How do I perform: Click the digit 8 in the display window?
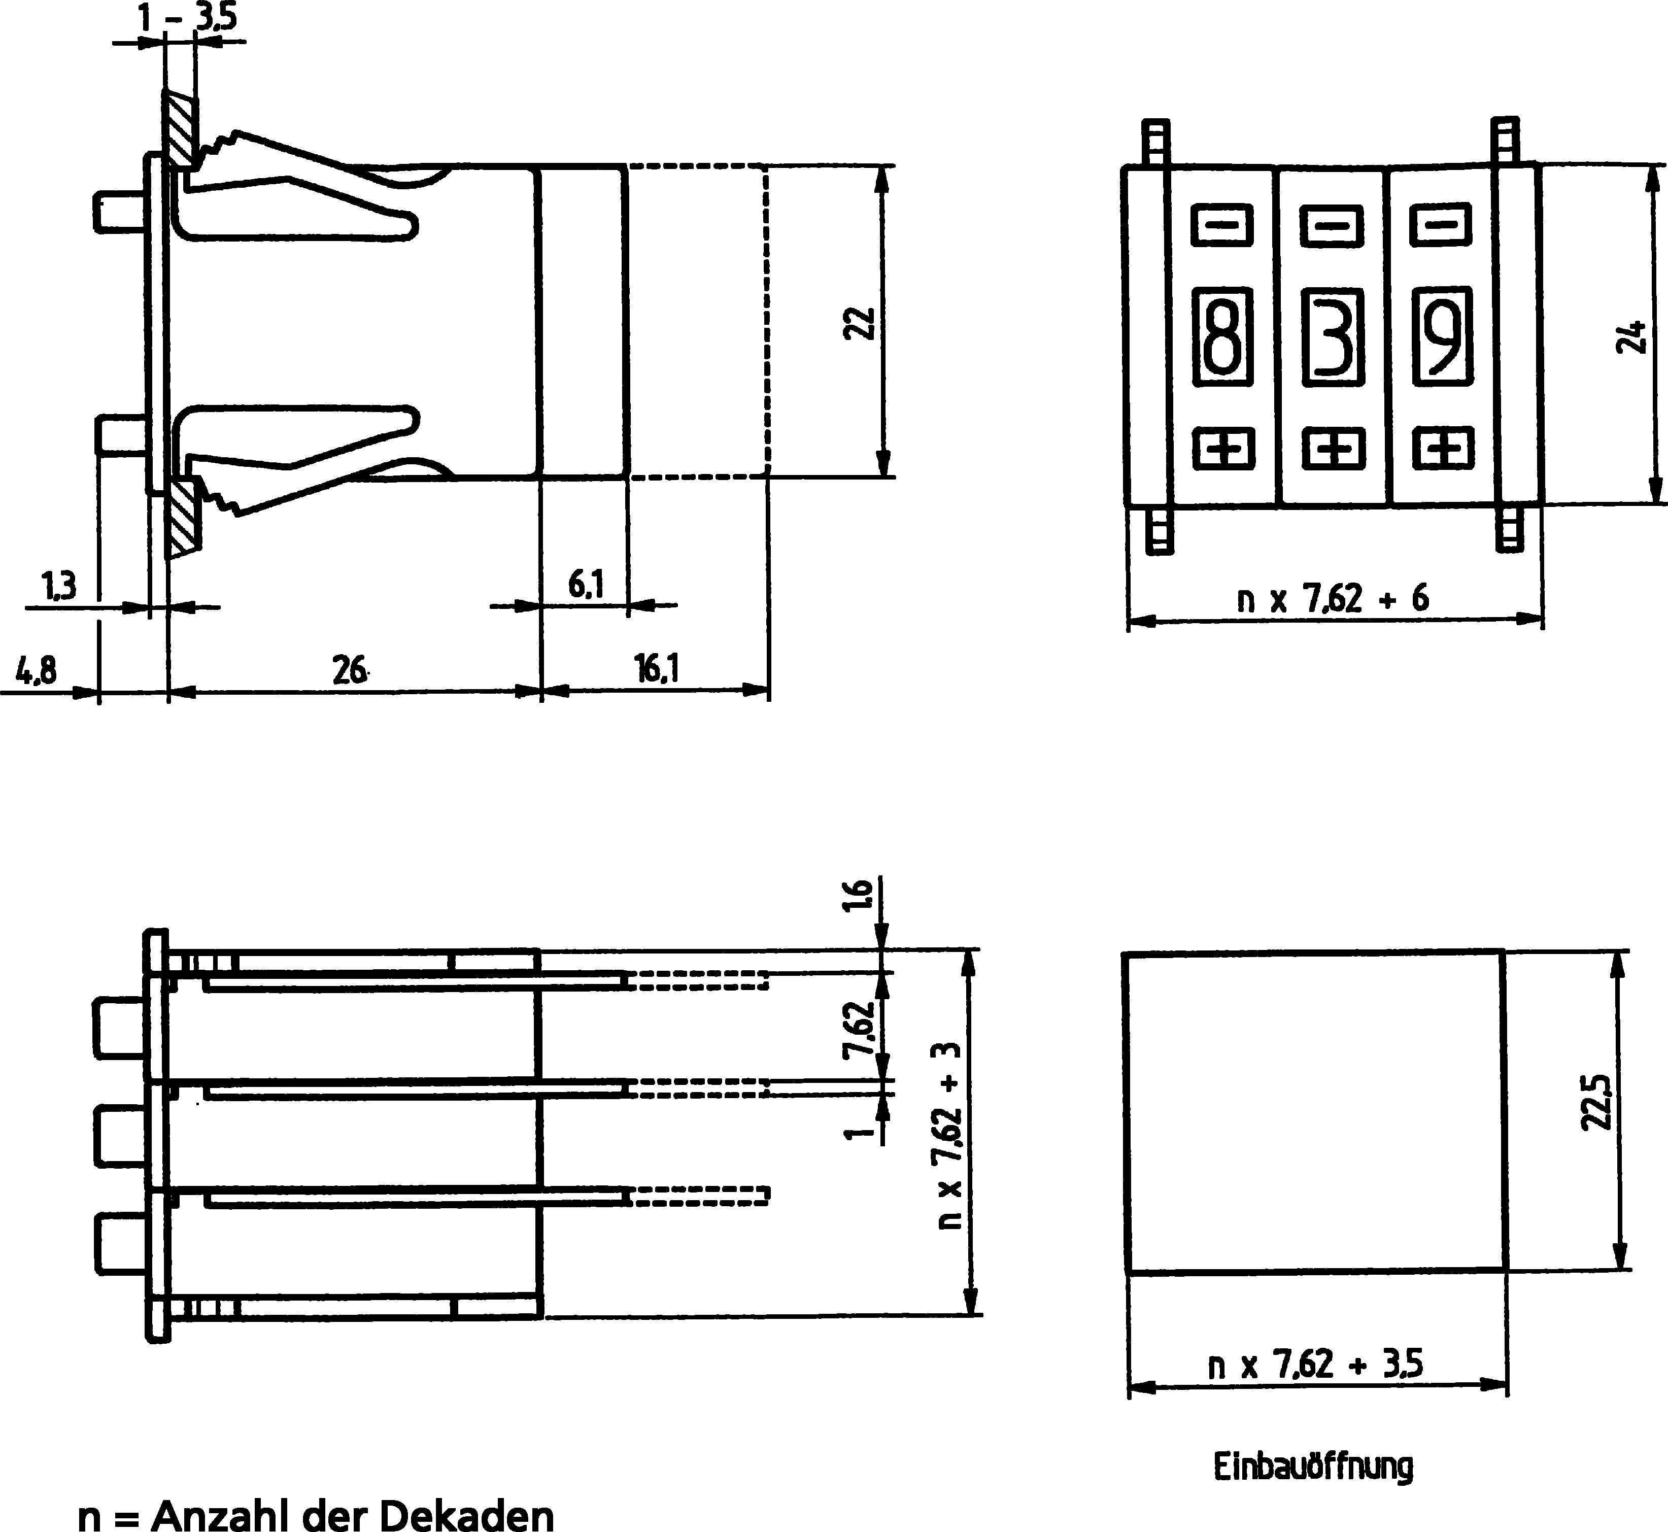(x=1221, y=336)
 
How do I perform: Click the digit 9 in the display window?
(x=1443, y=336)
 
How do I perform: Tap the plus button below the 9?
(x=1443, y=449)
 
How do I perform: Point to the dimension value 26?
(x=350, y=670)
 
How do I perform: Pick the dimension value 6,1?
(x=585, y=585)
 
